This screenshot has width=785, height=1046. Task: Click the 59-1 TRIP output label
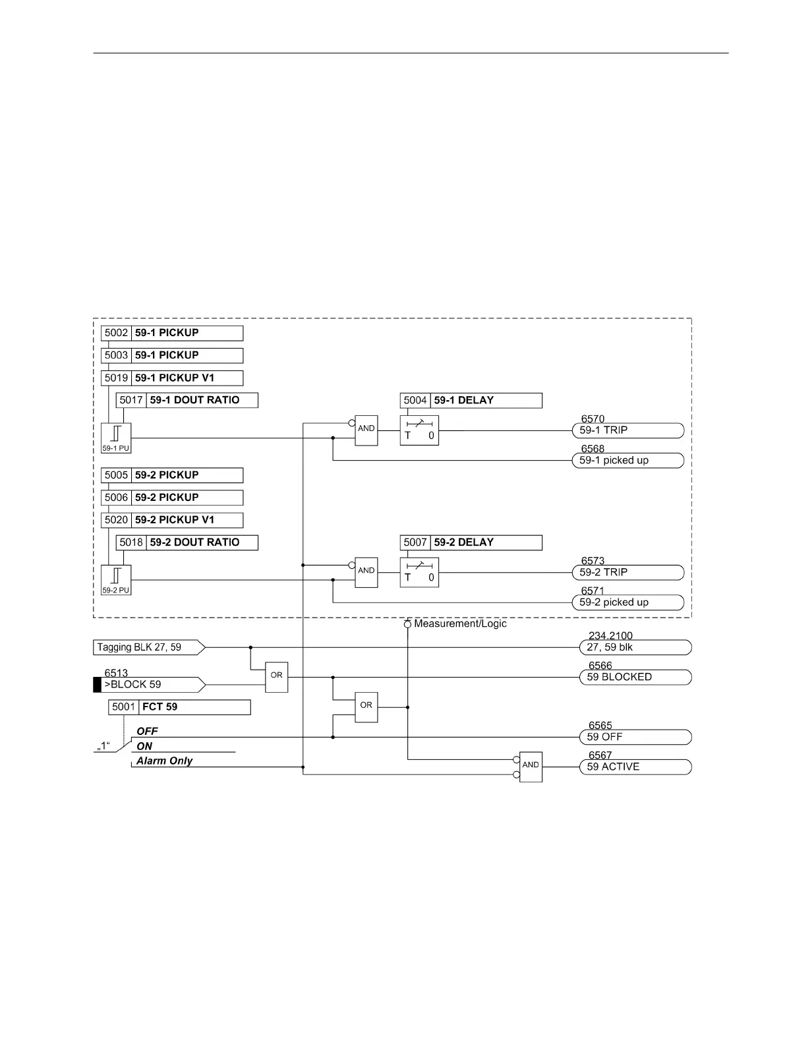click(x=627, y=430)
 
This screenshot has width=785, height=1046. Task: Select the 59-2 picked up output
click(x=627, y=602)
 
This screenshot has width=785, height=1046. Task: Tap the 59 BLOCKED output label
click(x=635, y=677)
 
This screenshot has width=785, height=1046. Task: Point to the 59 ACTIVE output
click(x=635, y=767)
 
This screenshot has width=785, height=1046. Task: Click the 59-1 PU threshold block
click(x=116, y=438)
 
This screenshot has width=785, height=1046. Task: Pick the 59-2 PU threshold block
click(x=116, y=580)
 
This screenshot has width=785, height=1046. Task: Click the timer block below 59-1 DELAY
click(x=419, y=430)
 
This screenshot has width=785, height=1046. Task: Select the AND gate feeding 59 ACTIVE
click(x=531, y=767)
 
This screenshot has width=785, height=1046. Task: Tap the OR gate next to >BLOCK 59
click(x=277, y=677)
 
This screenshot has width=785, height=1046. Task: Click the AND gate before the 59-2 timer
click(x=366, y=572)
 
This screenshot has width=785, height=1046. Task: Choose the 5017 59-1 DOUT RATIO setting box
click(x=187, y=400)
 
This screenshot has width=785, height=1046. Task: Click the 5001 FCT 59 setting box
click(x=179, y=707)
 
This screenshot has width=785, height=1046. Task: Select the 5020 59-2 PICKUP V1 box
click(x=172, y=520)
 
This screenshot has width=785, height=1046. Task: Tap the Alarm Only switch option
click(x=164, y=761)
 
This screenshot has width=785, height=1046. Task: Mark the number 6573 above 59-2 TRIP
click(x=593, y=561)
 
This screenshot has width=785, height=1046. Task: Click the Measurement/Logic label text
click(x=460, y=624)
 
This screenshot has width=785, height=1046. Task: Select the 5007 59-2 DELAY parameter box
click(x=471, y=542)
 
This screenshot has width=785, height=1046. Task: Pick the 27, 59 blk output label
click(x=635, y=647)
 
